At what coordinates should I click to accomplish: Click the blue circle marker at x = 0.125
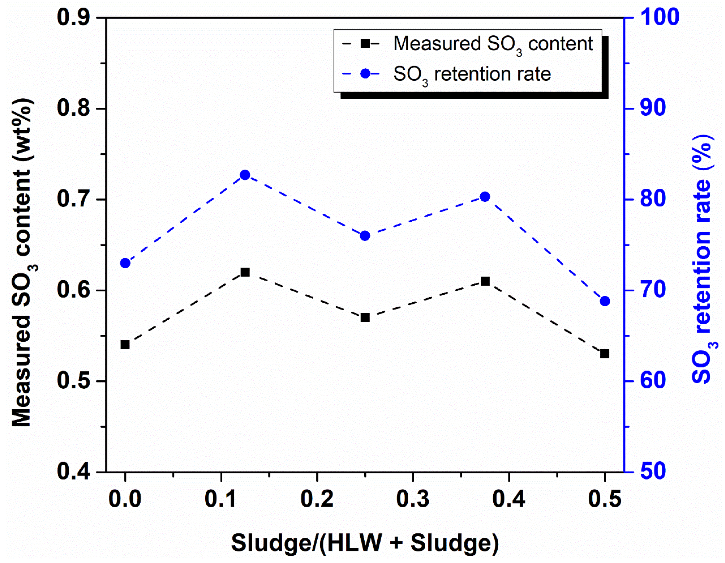click(x=245, y=175)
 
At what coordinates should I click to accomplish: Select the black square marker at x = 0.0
click(x=125, y=344)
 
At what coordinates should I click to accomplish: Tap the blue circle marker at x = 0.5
click(x=605, y=301)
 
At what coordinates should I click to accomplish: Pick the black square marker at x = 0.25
click(x=365, y=318)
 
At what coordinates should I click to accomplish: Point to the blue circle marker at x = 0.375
click(x=485, y=197)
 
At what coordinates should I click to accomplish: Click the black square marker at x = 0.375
click(x=485, y=281)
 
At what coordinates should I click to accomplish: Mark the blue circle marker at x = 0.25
click(x=365, y=236)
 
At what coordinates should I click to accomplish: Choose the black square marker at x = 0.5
click(x=605, y=354)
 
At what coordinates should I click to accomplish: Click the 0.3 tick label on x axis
click(x=413, y=499)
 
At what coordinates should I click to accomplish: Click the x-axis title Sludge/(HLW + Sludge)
click(x=365, y=543)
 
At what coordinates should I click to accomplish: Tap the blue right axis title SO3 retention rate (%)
click(x=703, y=259)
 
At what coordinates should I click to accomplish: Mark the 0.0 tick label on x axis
click(x=125, y=499)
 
